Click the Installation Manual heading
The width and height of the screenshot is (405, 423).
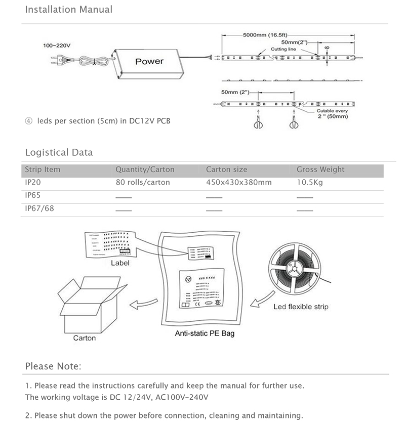coord(68,10)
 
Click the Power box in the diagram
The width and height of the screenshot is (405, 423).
coord(149,61)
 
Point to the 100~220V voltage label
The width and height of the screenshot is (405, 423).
coord(56,46)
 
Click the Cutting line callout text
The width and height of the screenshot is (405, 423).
coord(282,49)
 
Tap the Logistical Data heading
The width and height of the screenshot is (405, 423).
coord(59,152)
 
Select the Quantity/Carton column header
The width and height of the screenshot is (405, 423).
coord(145,170)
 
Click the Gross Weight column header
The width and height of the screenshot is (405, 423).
coord(320,170)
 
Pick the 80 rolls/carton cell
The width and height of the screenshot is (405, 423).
coord(143,182)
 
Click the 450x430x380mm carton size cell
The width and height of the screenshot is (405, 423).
coord(238,182)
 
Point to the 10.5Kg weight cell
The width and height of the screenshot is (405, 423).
coord(309,182)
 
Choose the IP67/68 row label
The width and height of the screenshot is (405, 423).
coord(39,208)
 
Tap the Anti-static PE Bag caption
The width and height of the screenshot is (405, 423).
coord(205,334)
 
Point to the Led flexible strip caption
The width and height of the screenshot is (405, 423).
coord(301,307)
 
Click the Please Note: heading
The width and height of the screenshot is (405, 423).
coord(53,366)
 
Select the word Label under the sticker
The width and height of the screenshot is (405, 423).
coord(120,263)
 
